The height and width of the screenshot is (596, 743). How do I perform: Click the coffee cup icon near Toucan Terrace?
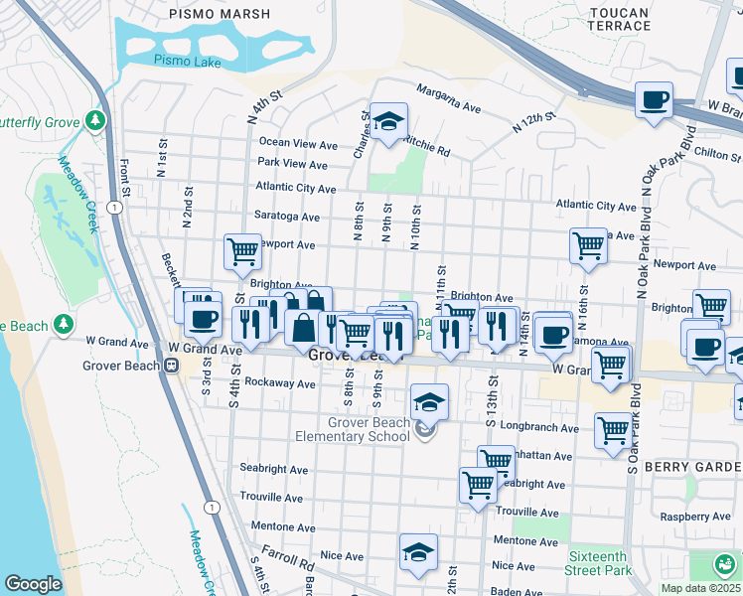click(653, 101)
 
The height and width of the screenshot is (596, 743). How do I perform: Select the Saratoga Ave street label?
click(288, 217)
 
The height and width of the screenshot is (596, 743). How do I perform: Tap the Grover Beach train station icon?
click(171, 365)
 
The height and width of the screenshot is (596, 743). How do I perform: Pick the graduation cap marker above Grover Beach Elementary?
click(429, 402)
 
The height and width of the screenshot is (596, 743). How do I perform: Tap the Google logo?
click(33, 584)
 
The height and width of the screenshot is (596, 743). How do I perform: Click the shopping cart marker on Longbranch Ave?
click(613, 431)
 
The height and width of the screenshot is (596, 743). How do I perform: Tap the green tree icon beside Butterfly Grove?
click(95, 120)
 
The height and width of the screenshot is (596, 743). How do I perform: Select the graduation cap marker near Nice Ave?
click(418, 552)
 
